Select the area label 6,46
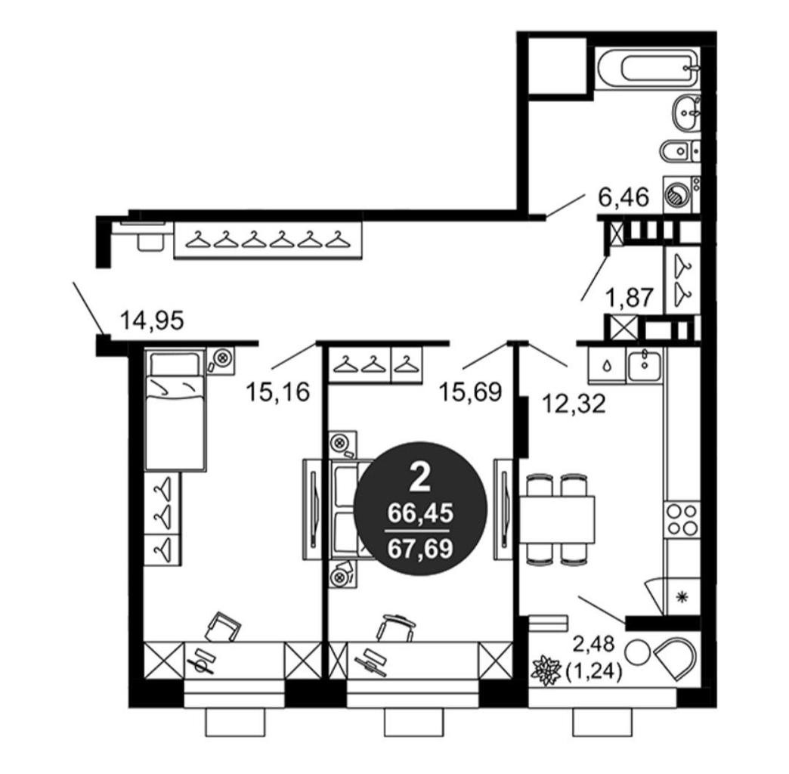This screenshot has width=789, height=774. [623, 197]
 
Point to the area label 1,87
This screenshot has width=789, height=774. [630, 297]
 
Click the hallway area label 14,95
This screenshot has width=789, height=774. [153, 320]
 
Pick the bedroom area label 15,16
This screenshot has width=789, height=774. [277, 392]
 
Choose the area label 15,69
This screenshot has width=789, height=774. [471, 392]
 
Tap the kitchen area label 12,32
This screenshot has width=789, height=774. [573, 403]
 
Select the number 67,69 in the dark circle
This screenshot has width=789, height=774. [421, 547]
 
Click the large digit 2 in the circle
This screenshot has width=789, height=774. [421, 478]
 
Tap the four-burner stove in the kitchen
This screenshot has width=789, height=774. [682, 520]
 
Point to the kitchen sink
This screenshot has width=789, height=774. [645, 367]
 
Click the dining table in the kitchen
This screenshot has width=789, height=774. [557, 518]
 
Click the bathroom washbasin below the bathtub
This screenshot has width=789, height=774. [686, 114]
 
